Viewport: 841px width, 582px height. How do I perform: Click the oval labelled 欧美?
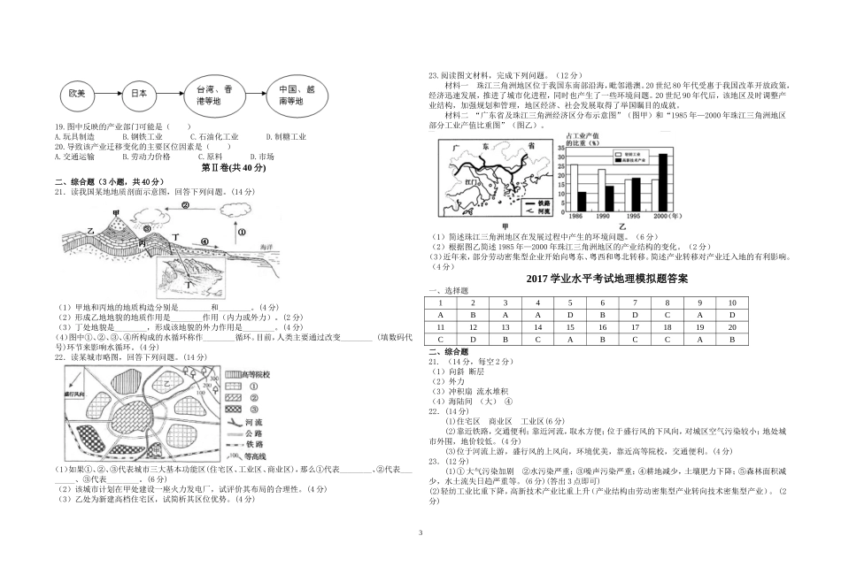[x=75, y=93]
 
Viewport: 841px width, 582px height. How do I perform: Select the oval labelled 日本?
[x=138, y=93]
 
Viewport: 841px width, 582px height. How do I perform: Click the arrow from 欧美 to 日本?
[x=107, y=93]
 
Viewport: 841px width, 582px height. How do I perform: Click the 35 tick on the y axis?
[x=561, y=149]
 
